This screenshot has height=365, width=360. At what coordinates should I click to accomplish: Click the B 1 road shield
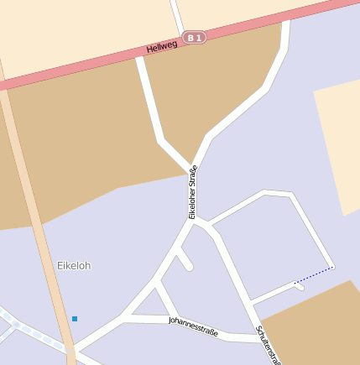[195, 37]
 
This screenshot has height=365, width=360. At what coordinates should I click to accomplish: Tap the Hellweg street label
[163, 48]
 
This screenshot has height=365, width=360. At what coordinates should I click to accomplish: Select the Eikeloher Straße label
[192, 193]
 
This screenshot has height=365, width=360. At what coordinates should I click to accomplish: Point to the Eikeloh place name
[74, 265]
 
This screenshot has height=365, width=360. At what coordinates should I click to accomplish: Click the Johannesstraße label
[193, 326]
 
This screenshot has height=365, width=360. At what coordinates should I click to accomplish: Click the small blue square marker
[75, 318]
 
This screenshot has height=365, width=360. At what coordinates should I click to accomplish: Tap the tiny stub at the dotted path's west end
[299, 286]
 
